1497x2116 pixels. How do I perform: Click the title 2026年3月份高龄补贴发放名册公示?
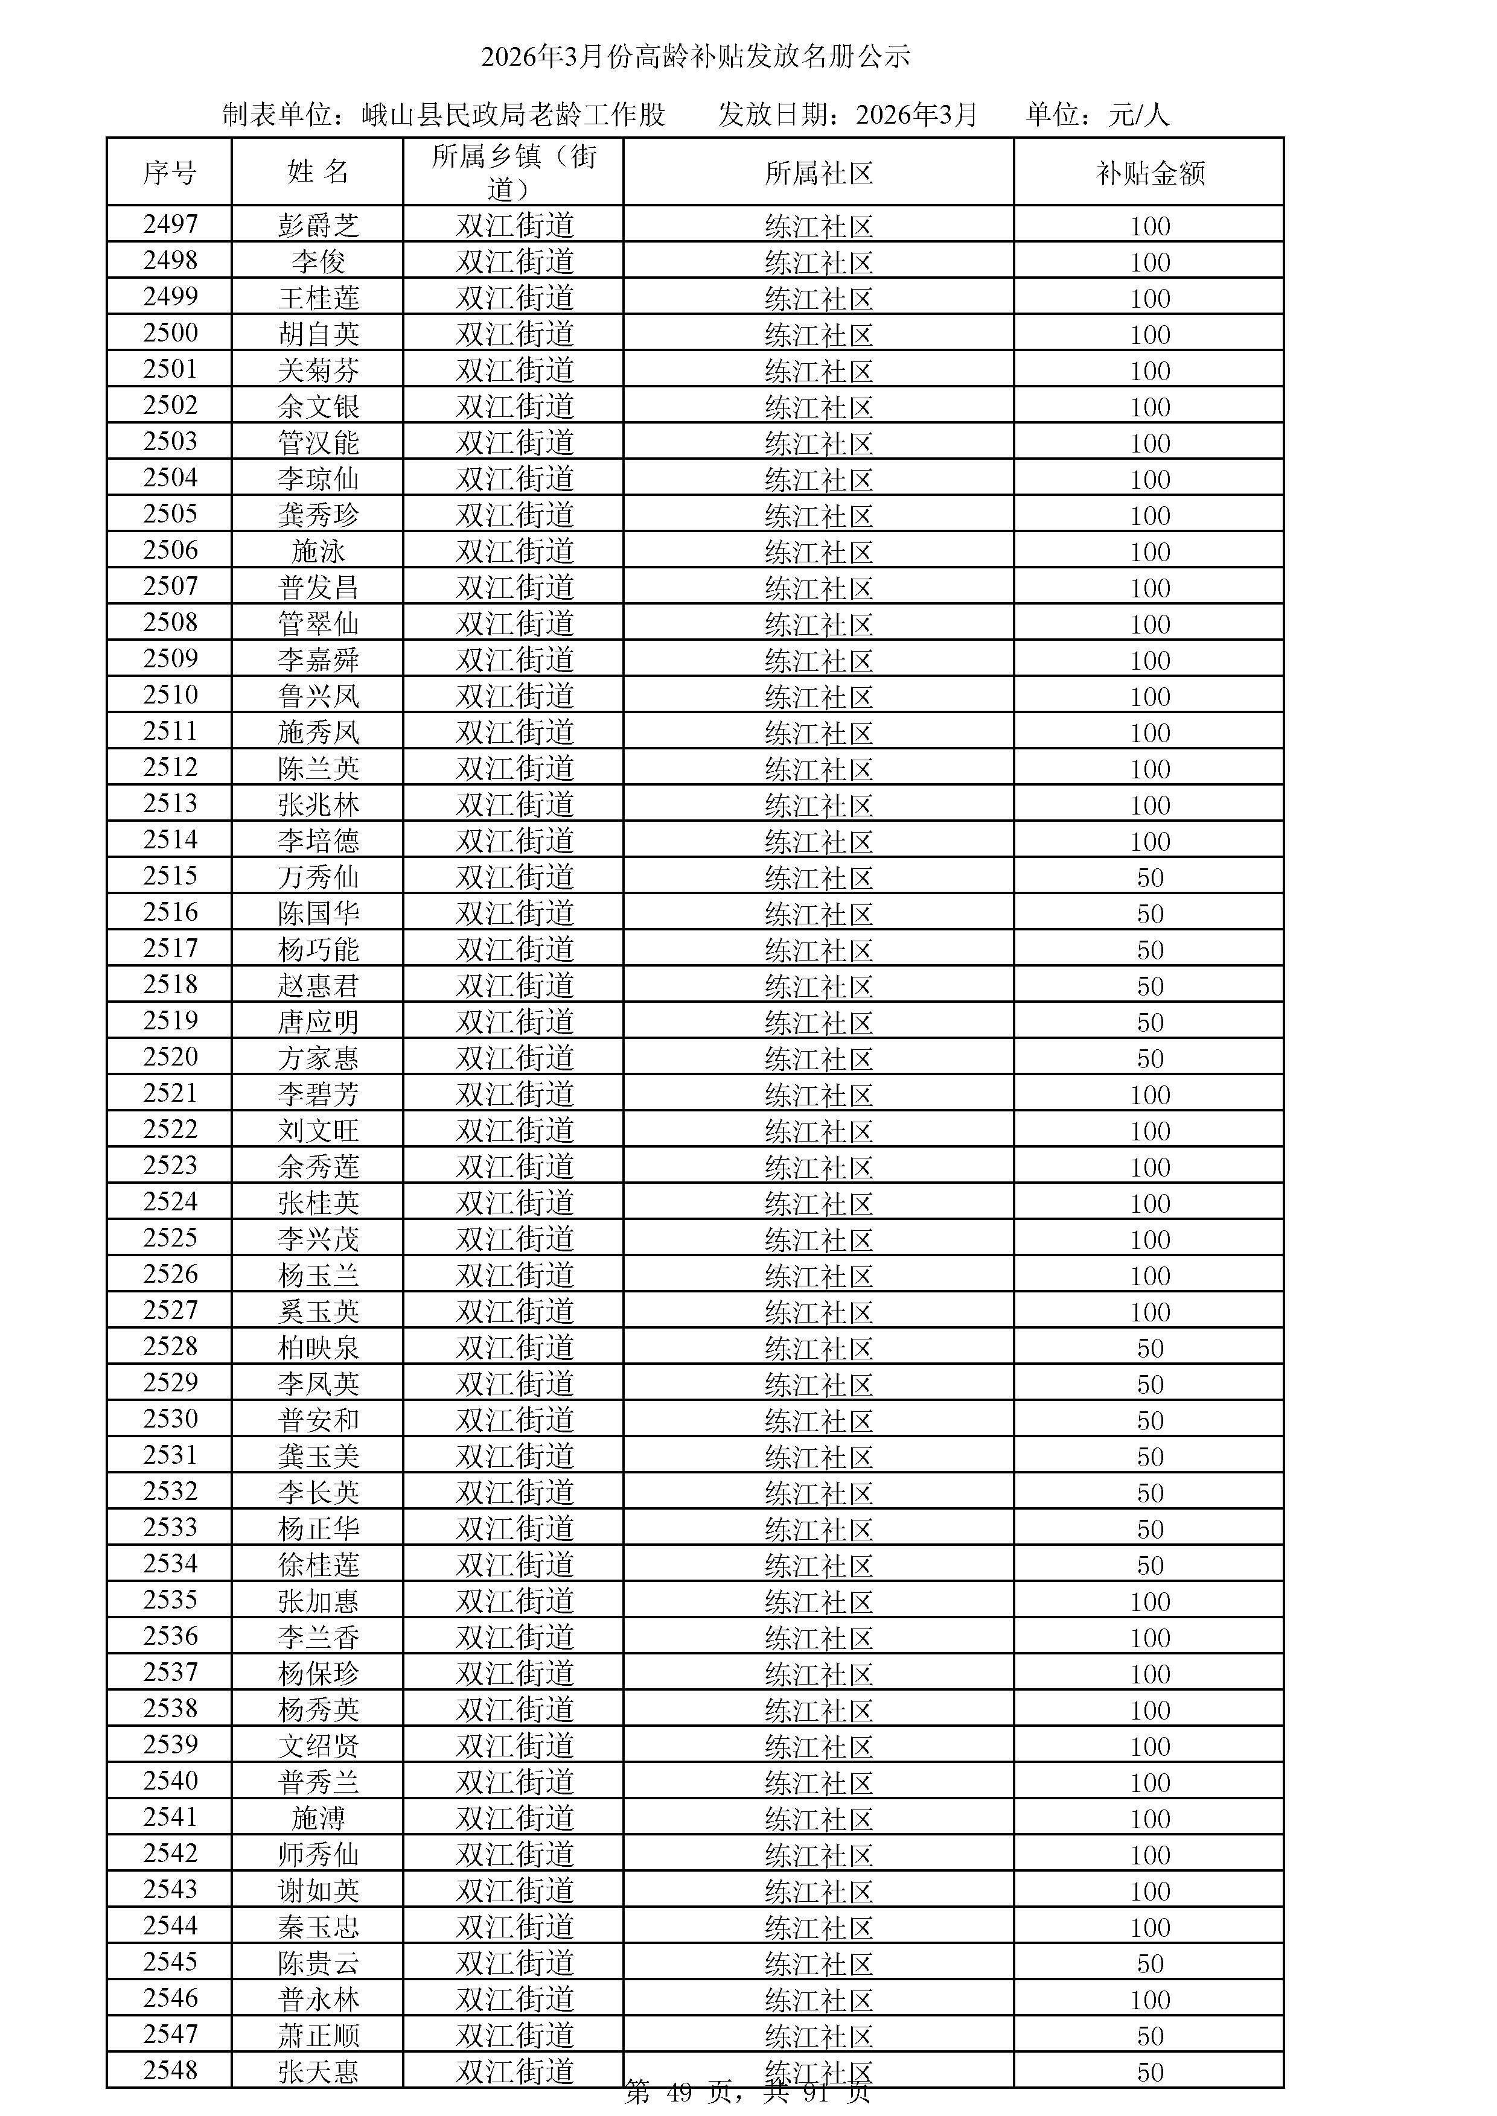point(695,57)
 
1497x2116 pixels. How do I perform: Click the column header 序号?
point(170,173)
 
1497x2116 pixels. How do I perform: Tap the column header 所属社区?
point(819,173)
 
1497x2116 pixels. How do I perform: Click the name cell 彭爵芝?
point(318,225)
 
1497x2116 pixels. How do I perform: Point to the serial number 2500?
point(171,332)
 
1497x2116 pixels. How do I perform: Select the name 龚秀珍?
point(318,514)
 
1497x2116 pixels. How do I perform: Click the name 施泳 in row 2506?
point(318,551)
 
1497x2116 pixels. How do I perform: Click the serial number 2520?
point(171,1057)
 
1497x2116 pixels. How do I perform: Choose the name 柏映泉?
point(318,1347)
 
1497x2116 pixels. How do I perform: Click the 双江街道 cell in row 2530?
point(514,1419)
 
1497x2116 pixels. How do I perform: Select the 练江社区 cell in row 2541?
point(819,1819)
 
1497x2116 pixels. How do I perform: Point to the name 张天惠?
point(318,2073)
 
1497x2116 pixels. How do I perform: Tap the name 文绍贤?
point(318,1746)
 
